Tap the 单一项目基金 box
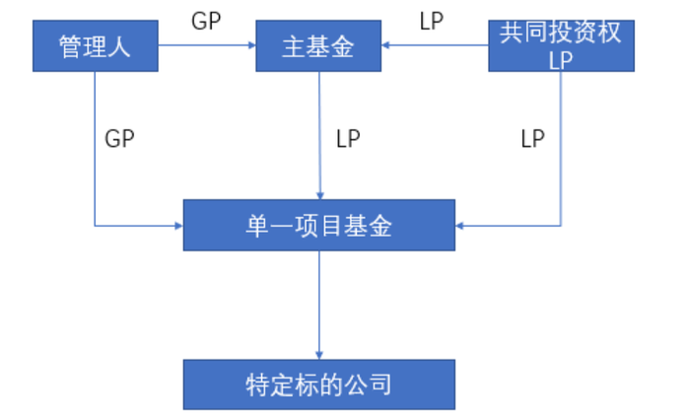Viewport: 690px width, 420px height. point(318,225)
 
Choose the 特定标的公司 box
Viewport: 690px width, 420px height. point(318,384)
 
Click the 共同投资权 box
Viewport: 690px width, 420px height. point(560,45)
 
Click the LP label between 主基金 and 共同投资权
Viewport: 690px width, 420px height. point(432,21)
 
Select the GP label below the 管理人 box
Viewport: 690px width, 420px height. point(118,139)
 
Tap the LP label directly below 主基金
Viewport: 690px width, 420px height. point(348,139)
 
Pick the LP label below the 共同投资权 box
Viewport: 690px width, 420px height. point(532,139)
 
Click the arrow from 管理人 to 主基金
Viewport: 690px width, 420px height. point(207,44)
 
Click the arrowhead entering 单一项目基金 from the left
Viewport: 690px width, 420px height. point(178,226)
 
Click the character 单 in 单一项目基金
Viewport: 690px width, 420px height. point(257,225)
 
